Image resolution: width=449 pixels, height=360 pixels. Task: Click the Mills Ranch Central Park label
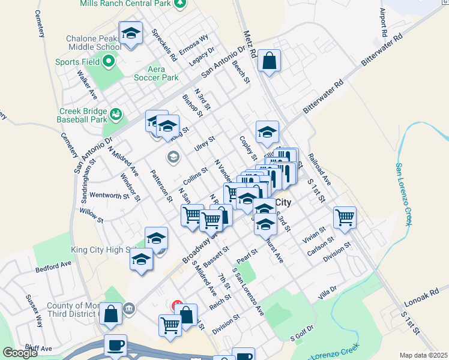[x=125, y=3]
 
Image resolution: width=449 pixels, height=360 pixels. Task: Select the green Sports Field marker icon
[x=109, y=61]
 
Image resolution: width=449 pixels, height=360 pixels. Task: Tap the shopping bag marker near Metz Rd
[x=270, y=61]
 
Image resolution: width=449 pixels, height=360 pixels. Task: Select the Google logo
[x=20, y=353]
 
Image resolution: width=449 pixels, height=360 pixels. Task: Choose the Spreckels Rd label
[x=164, y=46]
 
